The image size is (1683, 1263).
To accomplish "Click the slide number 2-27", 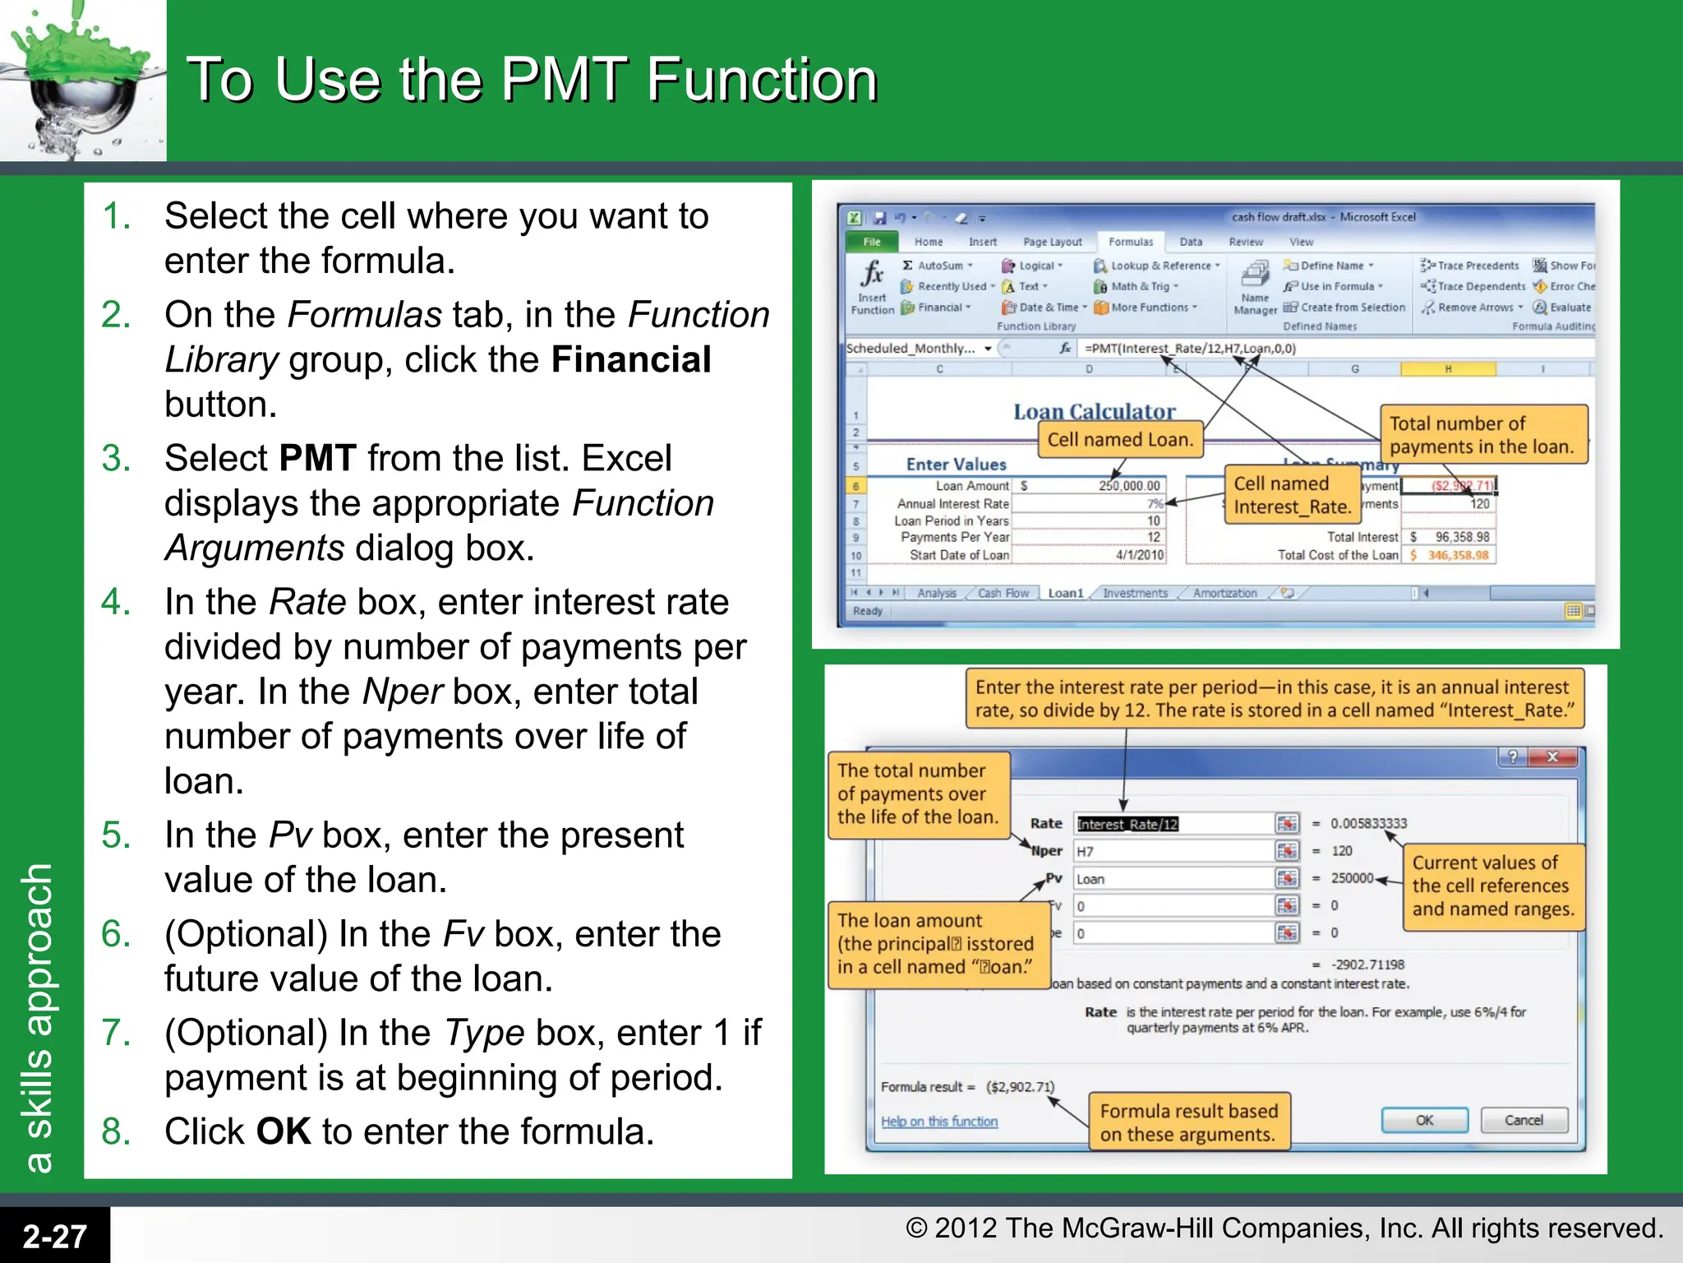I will point(54,1236).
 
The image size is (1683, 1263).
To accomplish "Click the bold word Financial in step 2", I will point(630,360).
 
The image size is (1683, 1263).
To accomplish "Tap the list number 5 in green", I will point(116,835).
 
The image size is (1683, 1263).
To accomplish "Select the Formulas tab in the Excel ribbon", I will point(1130,242).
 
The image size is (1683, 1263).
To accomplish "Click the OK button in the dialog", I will point(1424,1120).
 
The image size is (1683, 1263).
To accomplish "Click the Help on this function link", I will point(938,1121).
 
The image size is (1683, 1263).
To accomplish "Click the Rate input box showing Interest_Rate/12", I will point(1173,824).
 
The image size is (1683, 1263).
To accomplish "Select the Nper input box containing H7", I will point(1173,851).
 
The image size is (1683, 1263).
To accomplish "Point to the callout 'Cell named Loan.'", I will point(1119,440).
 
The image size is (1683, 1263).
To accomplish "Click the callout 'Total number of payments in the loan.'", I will point(1482,435).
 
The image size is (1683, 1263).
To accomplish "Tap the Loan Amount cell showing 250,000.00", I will point(1128,486).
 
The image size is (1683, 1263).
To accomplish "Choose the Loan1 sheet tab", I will point(1065,593).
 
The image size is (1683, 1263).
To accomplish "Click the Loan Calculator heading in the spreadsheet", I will point(1094,411).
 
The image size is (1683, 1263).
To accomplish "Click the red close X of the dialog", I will point(1552,756).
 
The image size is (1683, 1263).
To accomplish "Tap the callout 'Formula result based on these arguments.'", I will point(1188,1122).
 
